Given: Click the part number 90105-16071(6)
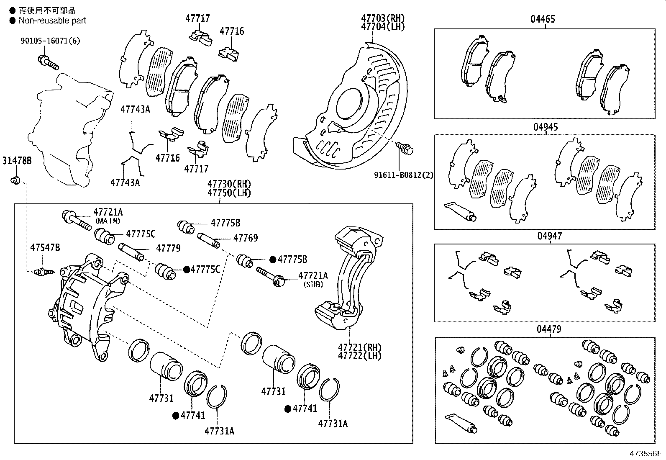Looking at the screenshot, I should [50, 41].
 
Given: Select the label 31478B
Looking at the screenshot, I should [17, 160].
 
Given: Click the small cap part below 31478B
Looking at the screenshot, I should [16, 180].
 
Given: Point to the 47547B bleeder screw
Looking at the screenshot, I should [44, 272].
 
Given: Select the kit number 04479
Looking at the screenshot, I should [549, 329].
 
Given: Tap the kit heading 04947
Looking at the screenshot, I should [549, 236].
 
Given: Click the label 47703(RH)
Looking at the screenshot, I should [383, 18].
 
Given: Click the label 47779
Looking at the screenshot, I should [168, 248].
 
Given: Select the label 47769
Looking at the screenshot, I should [245, 238].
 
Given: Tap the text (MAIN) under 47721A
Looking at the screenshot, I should [108, 221].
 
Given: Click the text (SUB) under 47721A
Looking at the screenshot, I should [313, 284].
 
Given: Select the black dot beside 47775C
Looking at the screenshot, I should [187, 269].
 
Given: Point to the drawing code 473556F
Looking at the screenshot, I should [644, 454].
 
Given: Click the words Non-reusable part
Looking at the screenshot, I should [52, 20].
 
